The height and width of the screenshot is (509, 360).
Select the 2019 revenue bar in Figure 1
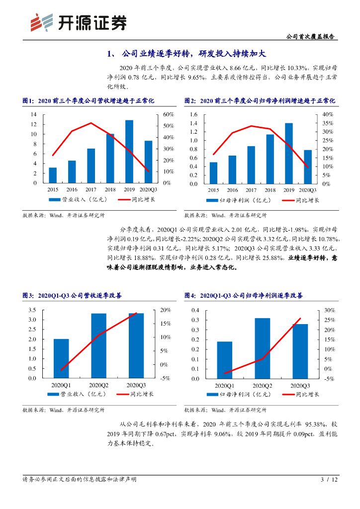coord(129,152)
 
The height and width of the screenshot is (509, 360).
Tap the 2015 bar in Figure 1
coord(53,175)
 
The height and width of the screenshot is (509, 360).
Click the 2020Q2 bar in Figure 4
coord(263,348)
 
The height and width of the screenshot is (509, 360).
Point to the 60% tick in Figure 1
coord(168,114)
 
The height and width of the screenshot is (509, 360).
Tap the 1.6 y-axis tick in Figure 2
coord(194,114)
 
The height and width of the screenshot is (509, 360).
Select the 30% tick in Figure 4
coord(329,310)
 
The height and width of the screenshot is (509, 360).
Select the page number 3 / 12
coord(329,480)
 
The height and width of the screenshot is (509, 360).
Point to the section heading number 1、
coord(112,54)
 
